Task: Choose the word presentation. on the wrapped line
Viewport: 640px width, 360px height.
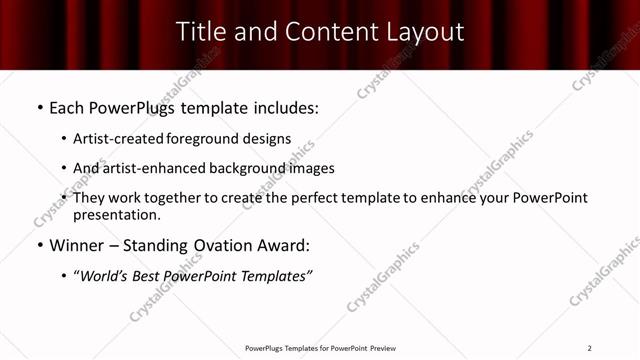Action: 116,215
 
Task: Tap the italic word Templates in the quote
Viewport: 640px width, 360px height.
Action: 275,276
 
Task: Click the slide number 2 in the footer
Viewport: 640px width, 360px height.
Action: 589,348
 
